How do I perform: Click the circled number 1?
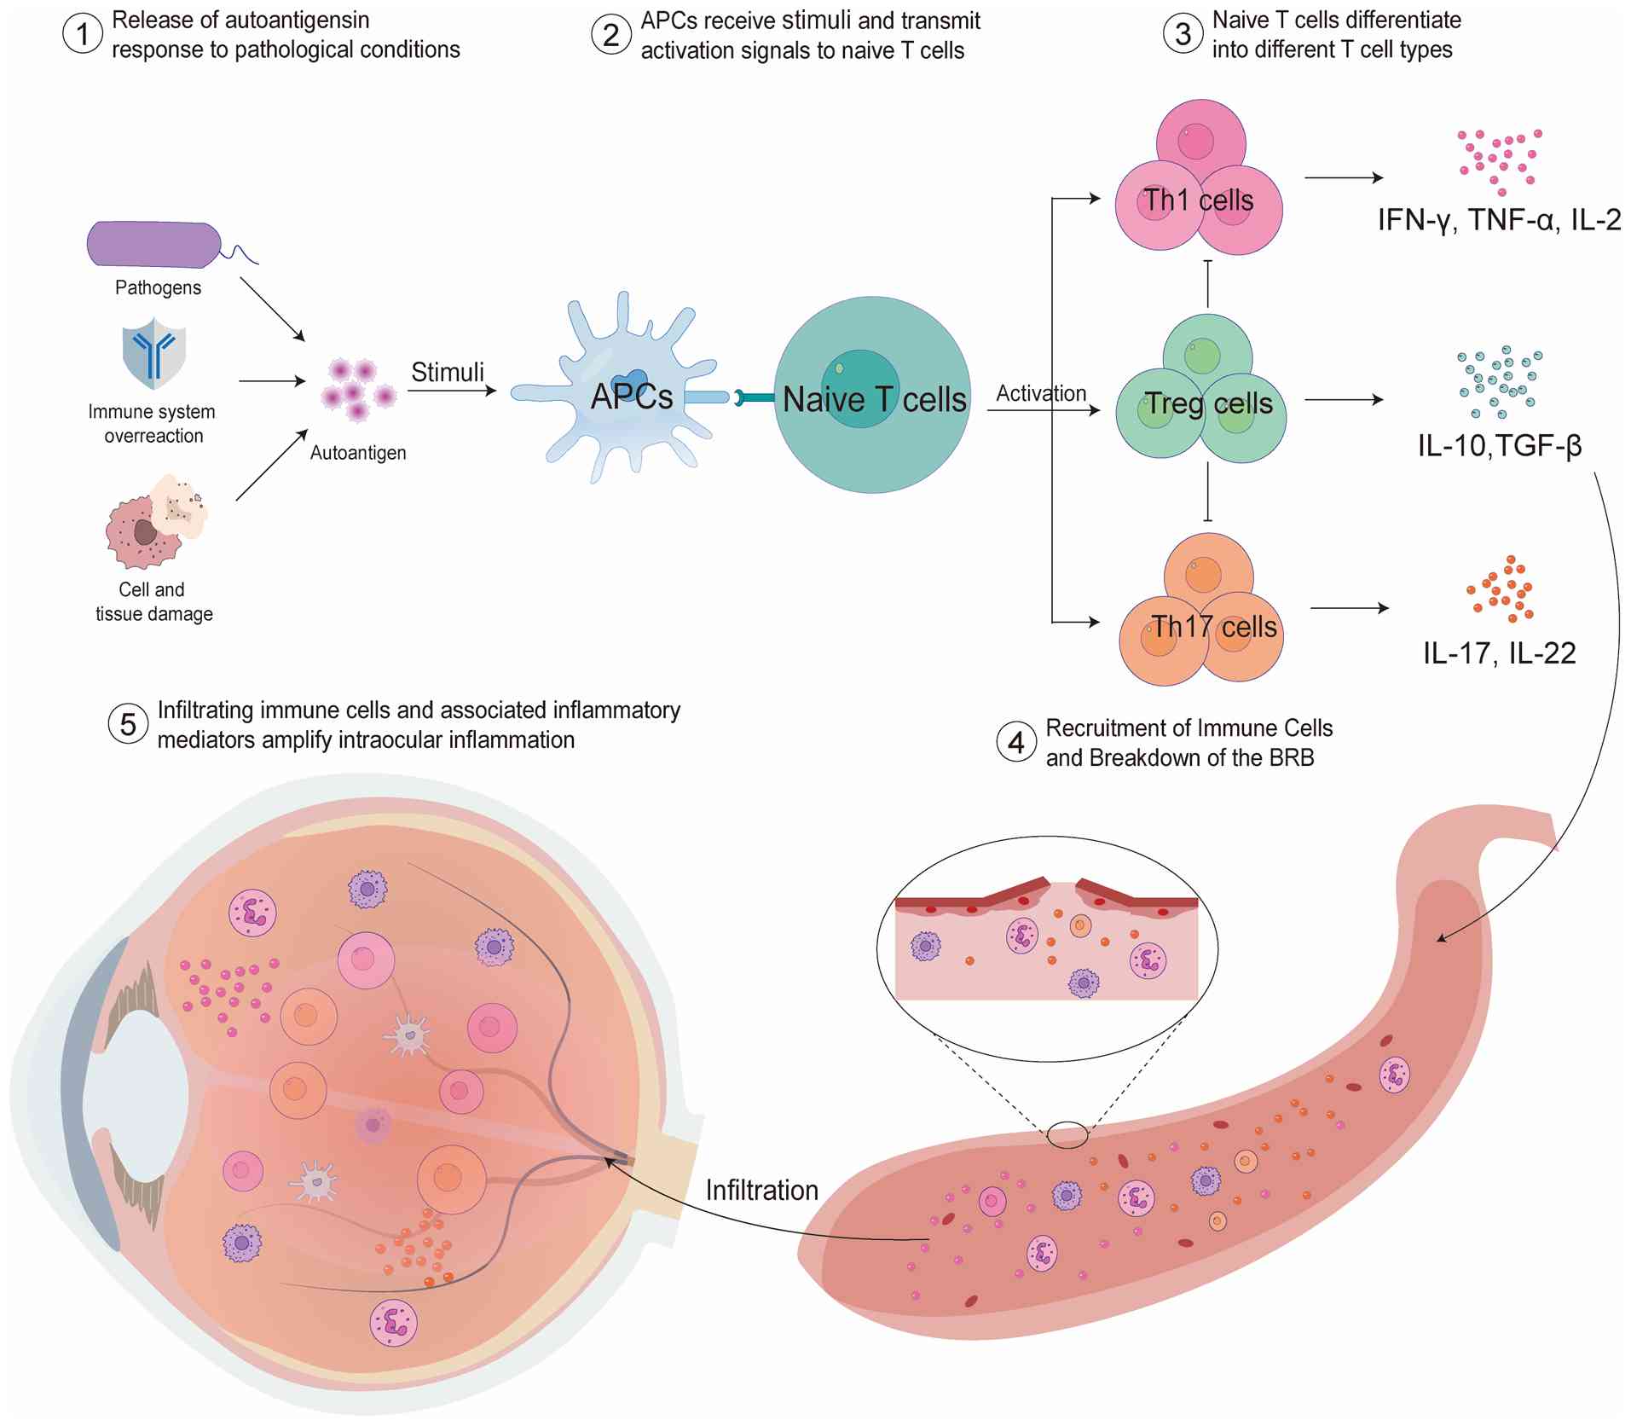point(83,35)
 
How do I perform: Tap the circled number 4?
point(1015,742)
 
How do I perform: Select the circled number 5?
point(128,724)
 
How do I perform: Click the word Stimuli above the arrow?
point(448,372)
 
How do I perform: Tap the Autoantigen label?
point(358,453)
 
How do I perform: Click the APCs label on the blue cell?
point(632,397)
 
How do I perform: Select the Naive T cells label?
point(875,399)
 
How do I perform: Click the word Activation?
point(1041,393)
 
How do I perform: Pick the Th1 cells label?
point(1198,200)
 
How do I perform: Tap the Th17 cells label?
point(1214,627)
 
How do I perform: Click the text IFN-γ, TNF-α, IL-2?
point(1499,220)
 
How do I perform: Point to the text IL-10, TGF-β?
point(1500,444)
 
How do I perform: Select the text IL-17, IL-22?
point(1500,653)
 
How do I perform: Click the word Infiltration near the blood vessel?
point(762,1190)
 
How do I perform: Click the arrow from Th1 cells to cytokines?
point(1344,177)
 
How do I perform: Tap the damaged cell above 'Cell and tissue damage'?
point(156,522)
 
